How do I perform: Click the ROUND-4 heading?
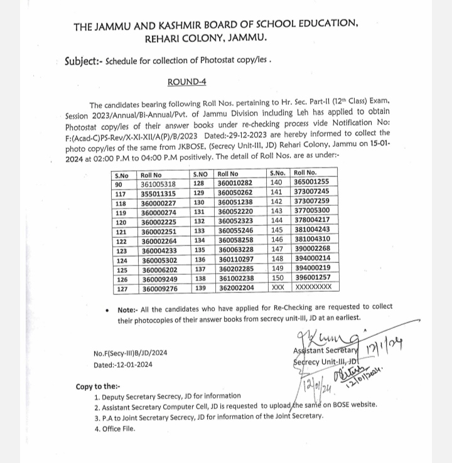tap(186, 82)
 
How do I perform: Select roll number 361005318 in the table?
tap(158, 184)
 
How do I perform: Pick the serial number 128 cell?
tap(200, 184)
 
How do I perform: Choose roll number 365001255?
tap(311, 181)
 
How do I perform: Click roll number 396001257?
tap(311, 278)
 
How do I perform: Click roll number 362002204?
tap(235, 289)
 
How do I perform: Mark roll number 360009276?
tap(158, 289)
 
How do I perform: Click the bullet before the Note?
tap(108, 309)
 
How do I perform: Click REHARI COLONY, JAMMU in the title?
tap(205, 39)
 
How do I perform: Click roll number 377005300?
tap(311, 210)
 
